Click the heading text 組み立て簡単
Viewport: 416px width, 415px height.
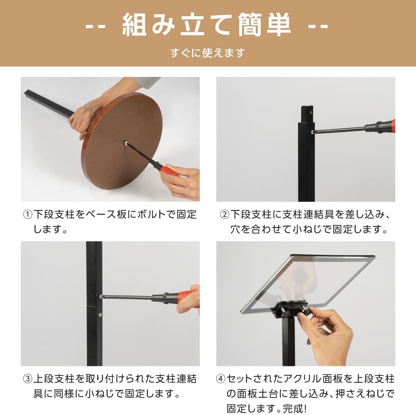207,25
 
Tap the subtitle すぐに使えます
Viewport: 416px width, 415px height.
208,53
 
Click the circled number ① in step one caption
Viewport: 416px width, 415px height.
27,214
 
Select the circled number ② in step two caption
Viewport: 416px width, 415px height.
225,214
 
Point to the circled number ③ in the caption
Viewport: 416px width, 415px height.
27,379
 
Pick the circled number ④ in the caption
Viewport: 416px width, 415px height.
221,379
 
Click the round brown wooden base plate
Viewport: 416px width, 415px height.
122,141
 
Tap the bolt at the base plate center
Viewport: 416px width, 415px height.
125,143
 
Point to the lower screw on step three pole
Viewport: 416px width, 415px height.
100,315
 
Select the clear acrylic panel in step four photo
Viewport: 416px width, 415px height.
308,283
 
